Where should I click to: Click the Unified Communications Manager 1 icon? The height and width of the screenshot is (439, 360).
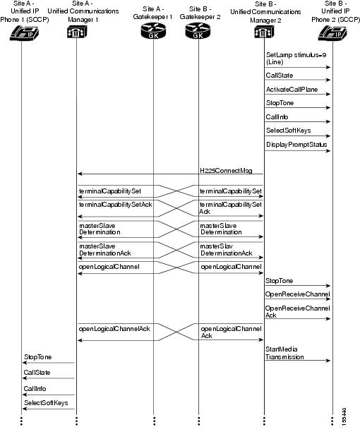[76, 32]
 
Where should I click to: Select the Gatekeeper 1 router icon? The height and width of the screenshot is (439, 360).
[152, 32]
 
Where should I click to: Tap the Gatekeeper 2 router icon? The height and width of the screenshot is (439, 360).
[198, 32]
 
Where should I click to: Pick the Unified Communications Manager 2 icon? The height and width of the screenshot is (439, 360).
[263, 32]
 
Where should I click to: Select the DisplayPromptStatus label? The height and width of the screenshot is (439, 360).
[296, 145]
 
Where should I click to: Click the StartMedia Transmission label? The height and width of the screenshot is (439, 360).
[284, 353]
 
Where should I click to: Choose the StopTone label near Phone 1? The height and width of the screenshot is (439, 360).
[37, 357]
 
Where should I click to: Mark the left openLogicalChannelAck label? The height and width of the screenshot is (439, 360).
[109, 328]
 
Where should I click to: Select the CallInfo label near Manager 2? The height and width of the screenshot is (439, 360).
[277, 117]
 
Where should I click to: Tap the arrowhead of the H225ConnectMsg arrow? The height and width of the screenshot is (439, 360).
[79, 174]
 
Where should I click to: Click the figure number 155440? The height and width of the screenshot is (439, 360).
[344, 415]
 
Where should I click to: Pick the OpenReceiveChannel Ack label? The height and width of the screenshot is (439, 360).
[297, 312]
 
